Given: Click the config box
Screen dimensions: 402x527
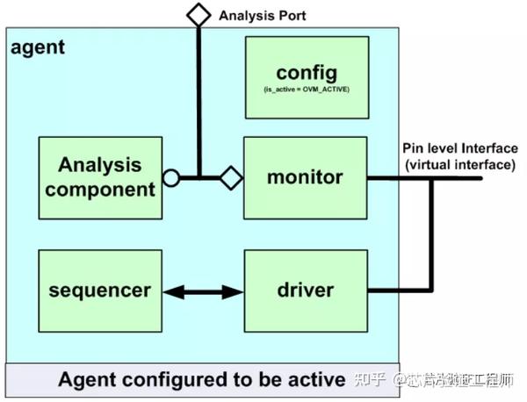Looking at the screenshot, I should click(x=305, y=77).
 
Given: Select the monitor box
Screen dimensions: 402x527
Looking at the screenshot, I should click(x=305, y=177).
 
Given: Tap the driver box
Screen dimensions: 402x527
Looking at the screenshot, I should click(x=305, y=290).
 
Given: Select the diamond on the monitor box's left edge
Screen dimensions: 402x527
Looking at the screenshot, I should click(x=231, y=178).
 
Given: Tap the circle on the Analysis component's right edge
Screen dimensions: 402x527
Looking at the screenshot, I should click(x=171, y=178).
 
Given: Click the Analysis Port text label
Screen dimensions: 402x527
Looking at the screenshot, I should click(x=263, y=15).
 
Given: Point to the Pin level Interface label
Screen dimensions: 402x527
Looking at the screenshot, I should click(x=459, y=147).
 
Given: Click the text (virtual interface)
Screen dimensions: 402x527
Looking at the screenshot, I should click(x=459, y=163).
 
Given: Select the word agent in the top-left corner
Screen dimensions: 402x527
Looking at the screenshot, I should click(x=38, y=47).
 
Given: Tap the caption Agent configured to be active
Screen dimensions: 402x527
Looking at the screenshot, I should click(x=201, y=380).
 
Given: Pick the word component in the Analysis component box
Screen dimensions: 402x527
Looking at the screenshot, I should click(x=106, y=189).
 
